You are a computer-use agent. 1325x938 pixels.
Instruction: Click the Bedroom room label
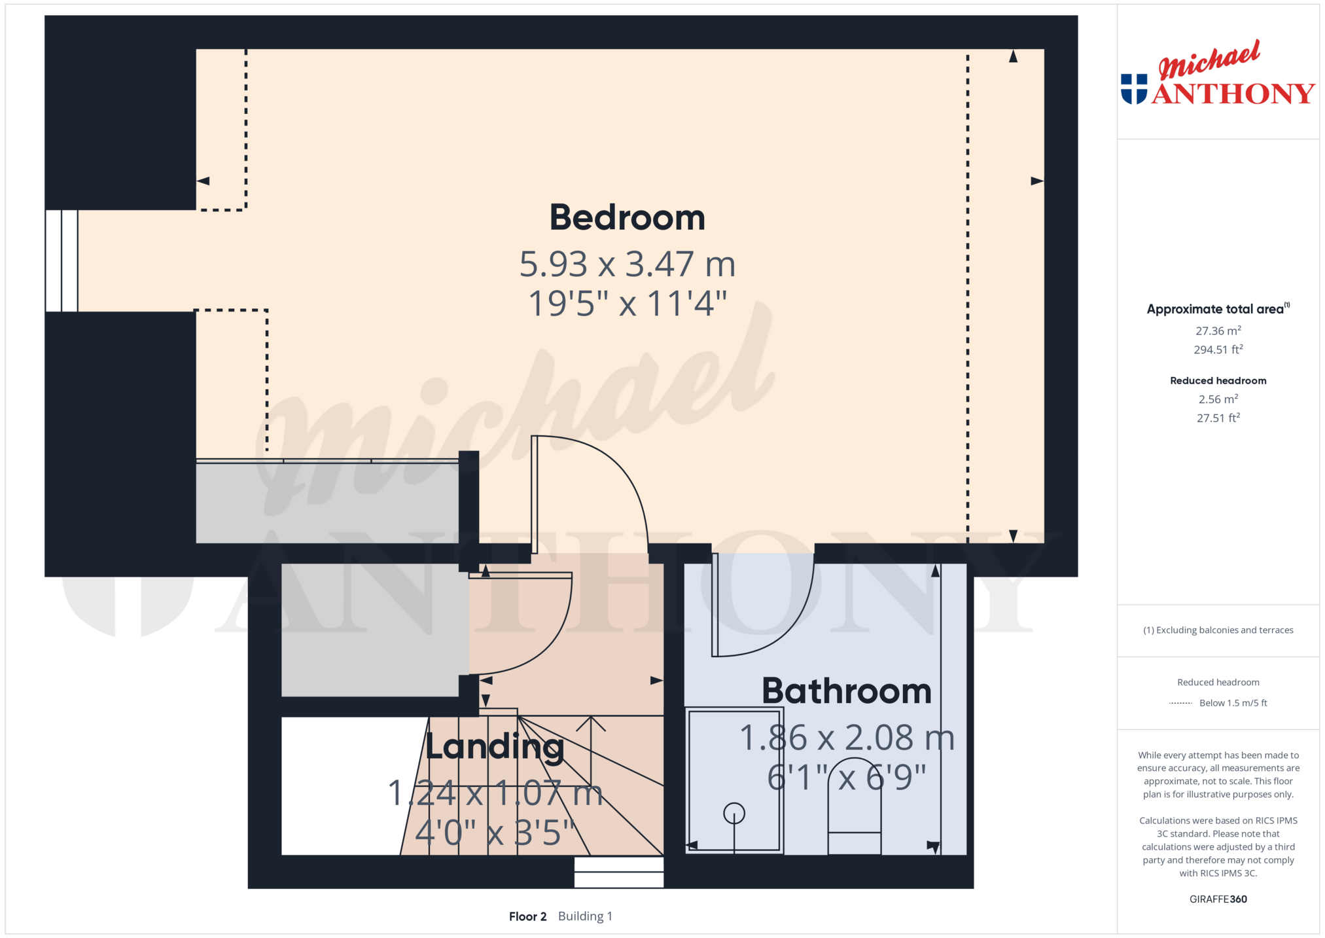(627, 217)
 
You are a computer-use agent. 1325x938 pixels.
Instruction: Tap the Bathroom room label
(847, 691)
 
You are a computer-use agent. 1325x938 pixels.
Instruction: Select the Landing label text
(495, 747)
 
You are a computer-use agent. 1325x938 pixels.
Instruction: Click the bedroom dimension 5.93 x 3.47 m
(627, 264)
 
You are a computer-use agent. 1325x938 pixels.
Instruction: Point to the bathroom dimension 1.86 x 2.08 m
(847, 738)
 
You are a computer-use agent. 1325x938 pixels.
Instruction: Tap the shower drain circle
(734, 814)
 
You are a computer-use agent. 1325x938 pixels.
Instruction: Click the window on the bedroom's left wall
(62, 261)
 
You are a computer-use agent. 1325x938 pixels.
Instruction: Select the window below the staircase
(619, 873)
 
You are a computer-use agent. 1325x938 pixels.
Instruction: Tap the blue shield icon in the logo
(1134, 89)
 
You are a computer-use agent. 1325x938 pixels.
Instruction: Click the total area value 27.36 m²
(1218, 331)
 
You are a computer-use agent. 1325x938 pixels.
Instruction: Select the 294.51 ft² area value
(1218, 350)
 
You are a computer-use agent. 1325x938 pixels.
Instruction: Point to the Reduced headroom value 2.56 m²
(1218, 399)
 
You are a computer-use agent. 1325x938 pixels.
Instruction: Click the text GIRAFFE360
(1218, 899)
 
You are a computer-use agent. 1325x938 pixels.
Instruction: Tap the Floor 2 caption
(527, 916)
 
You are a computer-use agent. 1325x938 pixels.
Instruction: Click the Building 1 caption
(585, 916)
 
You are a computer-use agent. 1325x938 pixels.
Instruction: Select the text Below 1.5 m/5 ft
(1233, 703)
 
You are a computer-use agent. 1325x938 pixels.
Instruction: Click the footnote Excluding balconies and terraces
(1218, 630)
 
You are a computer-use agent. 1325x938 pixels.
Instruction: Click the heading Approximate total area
(1215, 309)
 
